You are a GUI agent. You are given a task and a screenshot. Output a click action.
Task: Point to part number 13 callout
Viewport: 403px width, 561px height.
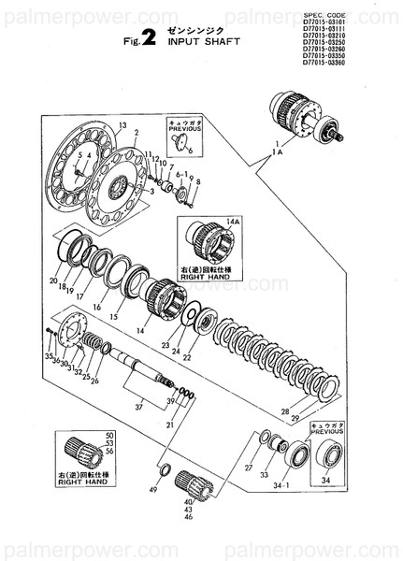pos(122,124)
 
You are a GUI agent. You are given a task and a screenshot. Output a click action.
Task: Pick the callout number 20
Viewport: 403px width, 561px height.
pos(53,280)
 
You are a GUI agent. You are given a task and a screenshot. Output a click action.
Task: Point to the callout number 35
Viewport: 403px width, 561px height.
pos(49,356)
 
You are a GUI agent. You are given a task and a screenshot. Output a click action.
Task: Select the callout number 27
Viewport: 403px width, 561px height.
pos(248,467)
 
